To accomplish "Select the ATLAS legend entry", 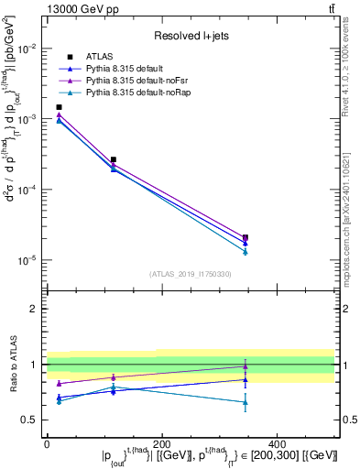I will (x=98, y=57).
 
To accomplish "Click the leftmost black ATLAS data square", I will (x=60, y=107).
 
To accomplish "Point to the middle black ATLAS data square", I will (x=114, y=159).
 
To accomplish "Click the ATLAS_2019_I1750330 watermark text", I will (x=191, y=274).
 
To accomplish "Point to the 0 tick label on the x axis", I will (x=47, y=443).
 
